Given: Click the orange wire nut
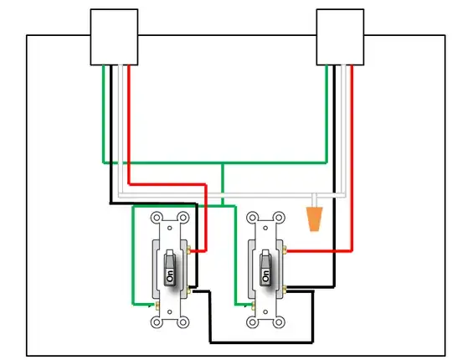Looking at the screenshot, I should (315, 220).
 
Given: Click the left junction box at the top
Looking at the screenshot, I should (115, 37).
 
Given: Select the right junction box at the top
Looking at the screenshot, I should (341, 37).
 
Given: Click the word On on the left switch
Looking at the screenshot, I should (170, 275).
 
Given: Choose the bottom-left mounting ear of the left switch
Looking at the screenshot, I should (157, 321).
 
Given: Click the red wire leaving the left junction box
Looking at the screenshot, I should (130, 126).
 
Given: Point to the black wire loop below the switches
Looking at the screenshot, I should (259, 342).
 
